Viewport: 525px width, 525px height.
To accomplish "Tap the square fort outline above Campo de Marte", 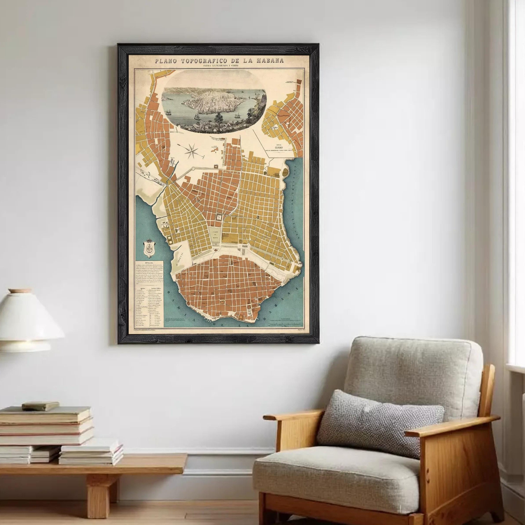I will click(219, 217).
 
